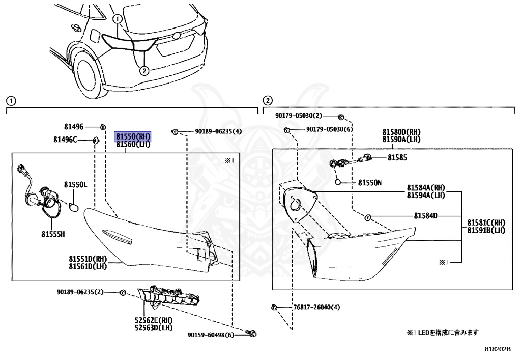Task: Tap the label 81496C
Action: [x=64, y=140]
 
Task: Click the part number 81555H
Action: [x=53, y=234]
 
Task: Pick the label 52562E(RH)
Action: [x=153, y=320]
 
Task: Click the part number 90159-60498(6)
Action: [x=211, y=335]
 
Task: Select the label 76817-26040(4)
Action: [x=316, y=307]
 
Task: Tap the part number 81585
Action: [x=397, y=158]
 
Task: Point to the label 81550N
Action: [x=370, y=182]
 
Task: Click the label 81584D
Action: [x=425, y=216]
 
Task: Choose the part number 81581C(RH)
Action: [x=486, y=223]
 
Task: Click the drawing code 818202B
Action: [x=497, y=349]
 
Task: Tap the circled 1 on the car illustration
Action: [x=117, y=19]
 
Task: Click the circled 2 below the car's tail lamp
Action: [x=144, y=71]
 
